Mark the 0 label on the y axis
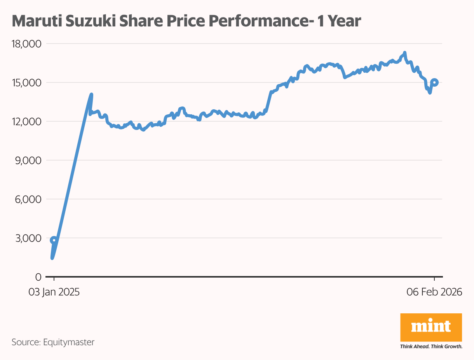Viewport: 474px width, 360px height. [x=38, y=277]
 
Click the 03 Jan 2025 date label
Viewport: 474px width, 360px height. [x=54, y=292]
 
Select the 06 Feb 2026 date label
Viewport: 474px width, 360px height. [x=434, y=292]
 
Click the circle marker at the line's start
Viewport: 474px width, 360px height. [x=54, y=240]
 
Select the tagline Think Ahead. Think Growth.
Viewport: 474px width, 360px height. [x=431, y=346]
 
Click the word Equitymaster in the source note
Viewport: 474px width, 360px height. [x=69, y=343]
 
